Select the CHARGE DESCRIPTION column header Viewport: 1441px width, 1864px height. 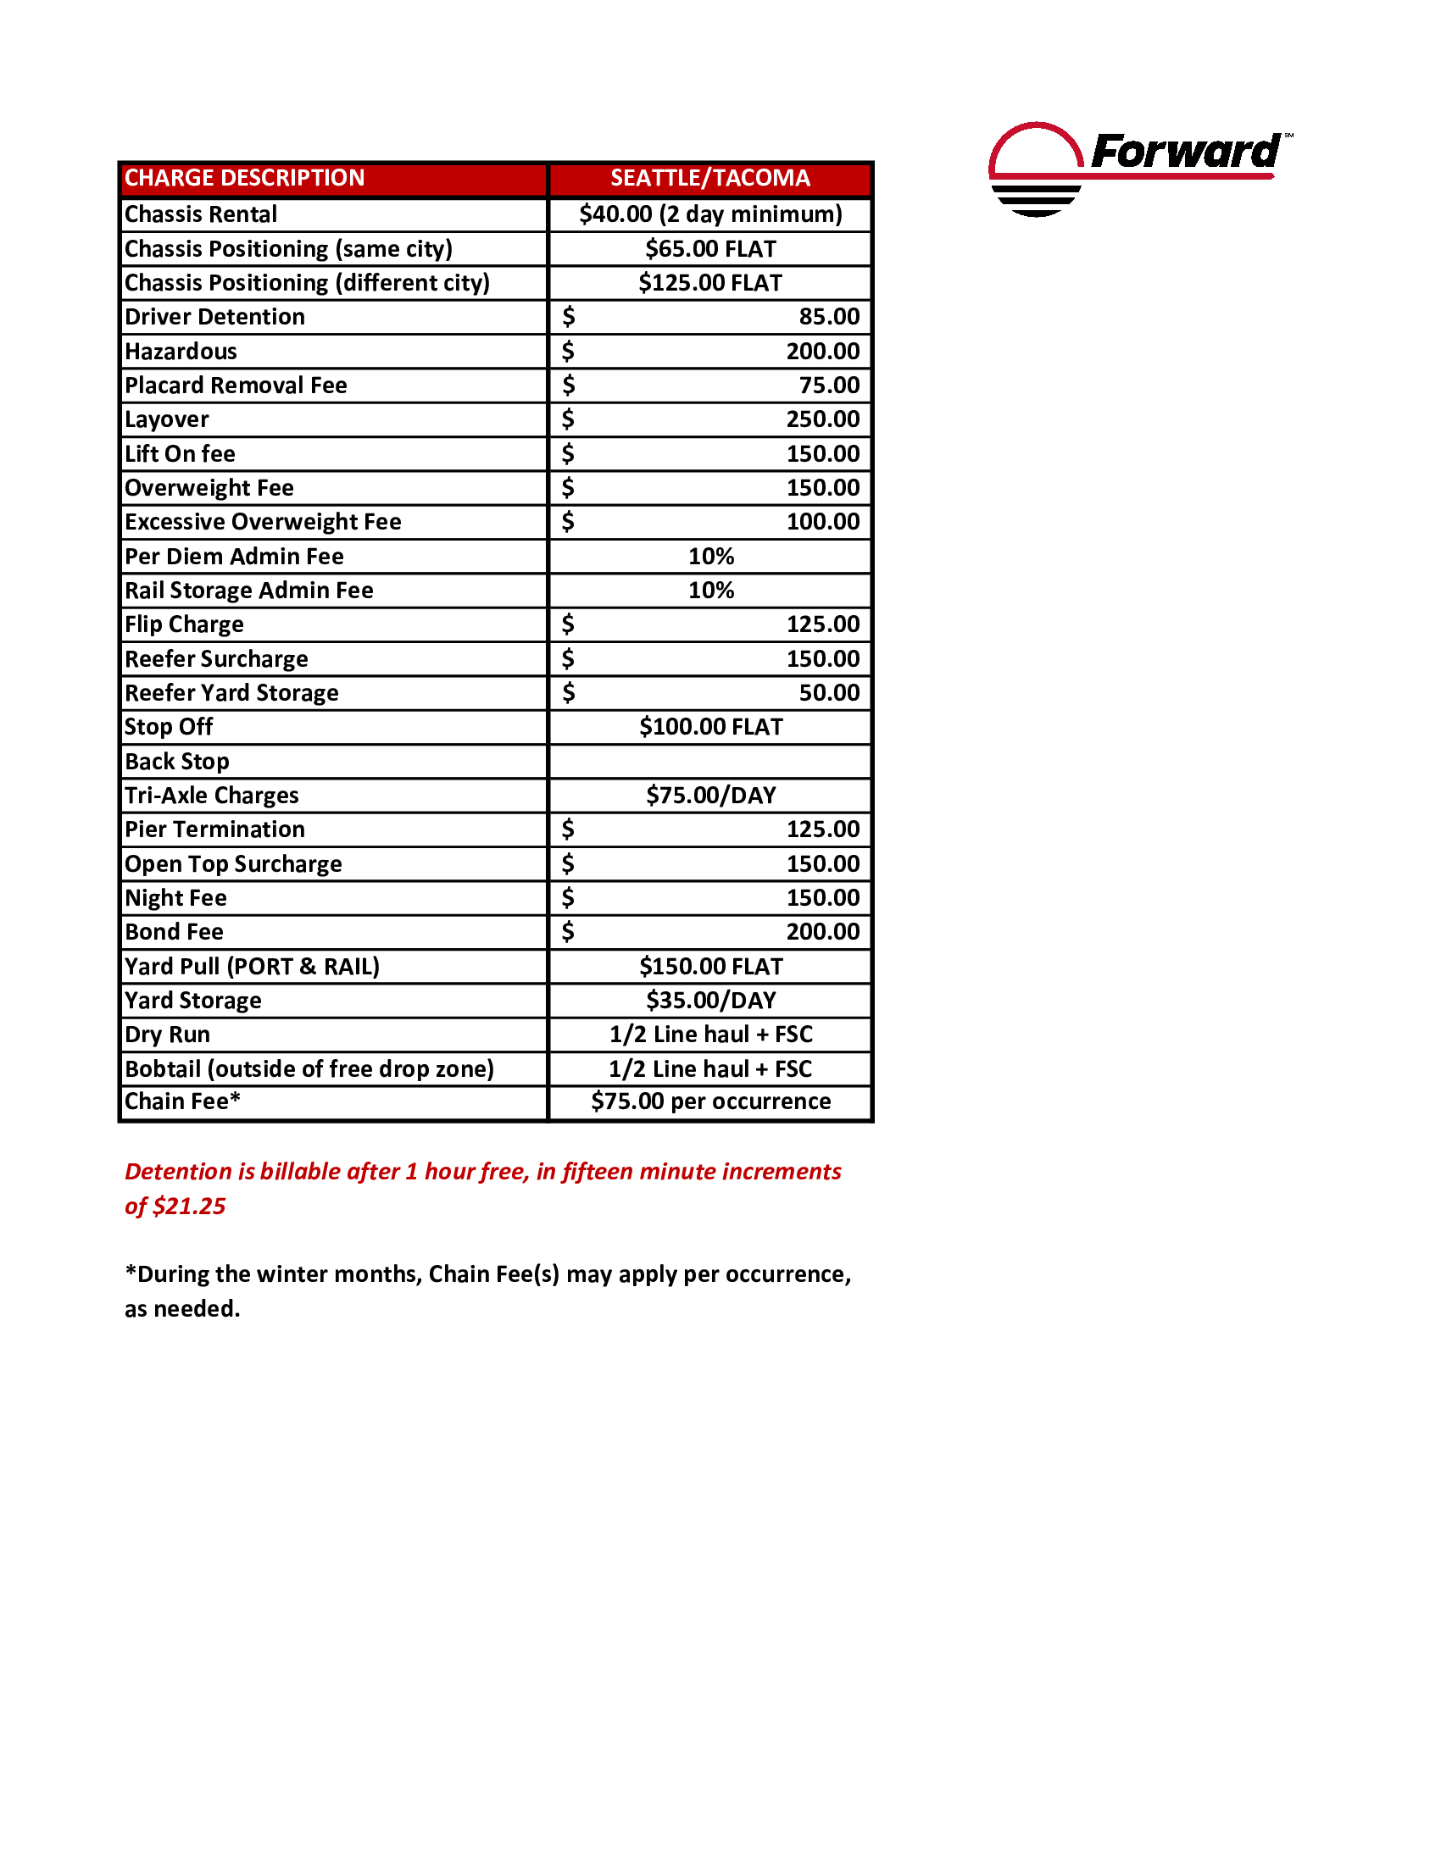[x=244, y=179]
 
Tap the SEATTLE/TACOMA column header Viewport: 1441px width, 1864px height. [x=709, y=179]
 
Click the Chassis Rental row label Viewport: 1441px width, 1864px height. [x=201, y=214]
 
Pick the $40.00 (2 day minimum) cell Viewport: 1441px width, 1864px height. [x=709, y=214]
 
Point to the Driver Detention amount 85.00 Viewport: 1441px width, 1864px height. [x=828, y=317]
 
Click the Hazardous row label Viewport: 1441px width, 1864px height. [x=181, y=352]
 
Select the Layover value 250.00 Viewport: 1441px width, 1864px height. [x=822, y=419]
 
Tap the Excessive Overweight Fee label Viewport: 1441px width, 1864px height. [x=263, y=521]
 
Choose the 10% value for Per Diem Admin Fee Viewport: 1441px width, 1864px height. [x=710, y=557]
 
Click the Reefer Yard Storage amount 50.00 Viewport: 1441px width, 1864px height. [x=828, y=692]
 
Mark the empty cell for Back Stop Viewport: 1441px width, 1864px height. [x=709, y=762]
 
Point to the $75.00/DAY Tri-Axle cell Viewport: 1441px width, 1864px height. [x=710, y=796]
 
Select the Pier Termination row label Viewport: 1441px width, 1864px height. [x=214, y=829]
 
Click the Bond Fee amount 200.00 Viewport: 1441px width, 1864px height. [x=822, y=932]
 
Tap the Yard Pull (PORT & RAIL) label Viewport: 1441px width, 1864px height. [x=252, y=966]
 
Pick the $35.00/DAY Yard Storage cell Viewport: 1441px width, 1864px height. [x=710, y=1001]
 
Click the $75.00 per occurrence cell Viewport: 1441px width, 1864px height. [x=710, y=1101]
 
